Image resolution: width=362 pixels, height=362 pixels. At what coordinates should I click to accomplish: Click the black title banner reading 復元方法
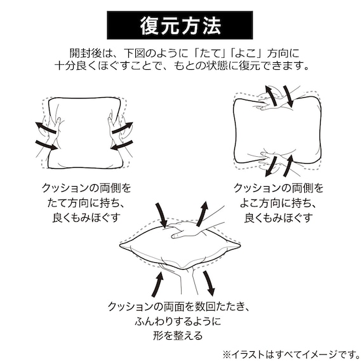[x=180, y=25]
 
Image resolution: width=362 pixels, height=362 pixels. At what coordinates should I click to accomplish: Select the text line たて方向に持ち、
[x=86, y=203]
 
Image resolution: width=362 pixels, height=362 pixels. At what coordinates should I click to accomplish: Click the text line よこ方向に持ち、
[x=278, y=203]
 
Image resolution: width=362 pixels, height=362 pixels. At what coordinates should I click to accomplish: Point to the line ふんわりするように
[x=178, y=321]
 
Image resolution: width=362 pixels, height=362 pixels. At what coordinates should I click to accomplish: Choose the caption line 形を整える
[x=178, y=336]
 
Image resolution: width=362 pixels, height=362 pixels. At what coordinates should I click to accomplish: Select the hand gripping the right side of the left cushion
[x=117, y=131]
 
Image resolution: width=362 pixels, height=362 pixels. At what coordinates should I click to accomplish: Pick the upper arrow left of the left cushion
[x=45, y=128]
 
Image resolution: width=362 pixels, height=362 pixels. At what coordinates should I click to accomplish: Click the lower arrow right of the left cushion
[x=122, y=145]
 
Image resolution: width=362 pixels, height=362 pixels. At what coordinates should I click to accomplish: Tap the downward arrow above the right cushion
[x=288, y=97]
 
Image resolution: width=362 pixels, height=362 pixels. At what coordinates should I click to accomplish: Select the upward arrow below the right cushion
[x=288, y=165]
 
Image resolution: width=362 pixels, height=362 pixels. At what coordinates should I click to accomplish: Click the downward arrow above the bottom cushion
[x=161, y=215]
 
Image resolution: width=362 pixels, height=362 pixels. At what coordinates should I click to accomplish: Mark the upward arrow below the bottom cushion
[x=158, y=284]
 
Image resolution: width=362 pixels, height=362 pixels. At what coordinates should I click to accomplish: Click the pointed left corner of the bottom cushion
[x=120, y=245]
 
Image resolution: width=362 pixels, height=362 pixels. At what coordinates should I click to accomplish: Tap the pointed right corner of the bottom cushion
[x=240, y=245]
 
